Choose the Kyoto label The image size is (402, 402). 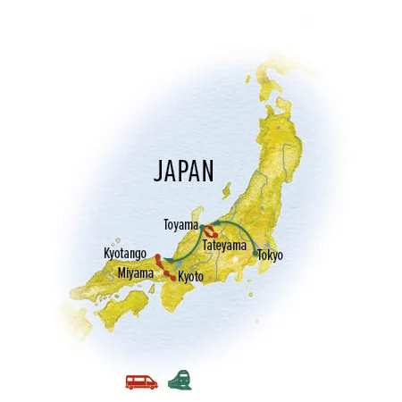click(x=190, y=277)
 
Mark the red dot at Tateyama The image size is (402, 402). click(x=215, y=235)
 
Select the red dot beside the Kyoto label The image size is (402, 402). click(x=172, y=278)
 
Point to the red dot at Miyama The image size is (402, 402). click(x=165, y=273)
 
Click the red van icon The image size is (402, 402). click(x=142, y=381)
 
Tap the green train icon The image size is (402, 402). click(x=179, y=379)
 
